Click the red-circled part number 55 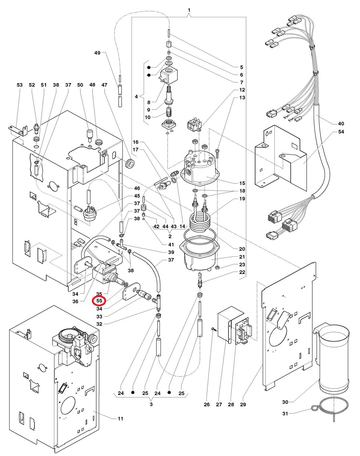(x=98, y=301)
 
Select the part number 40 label (x=341, y=123)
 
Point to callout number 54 (x=341, y=132)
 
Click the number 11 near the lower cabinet (x=120, y=418)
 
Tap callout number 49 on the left (x=97, y=53)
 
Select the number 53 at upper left (x=19, y=85)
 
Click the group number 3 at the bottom (x=151, y=405)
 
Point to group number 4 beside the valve (x=136, y=97)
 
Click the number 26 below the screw (x=207, y=405)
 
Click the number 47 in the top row (x=104, y=85)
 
